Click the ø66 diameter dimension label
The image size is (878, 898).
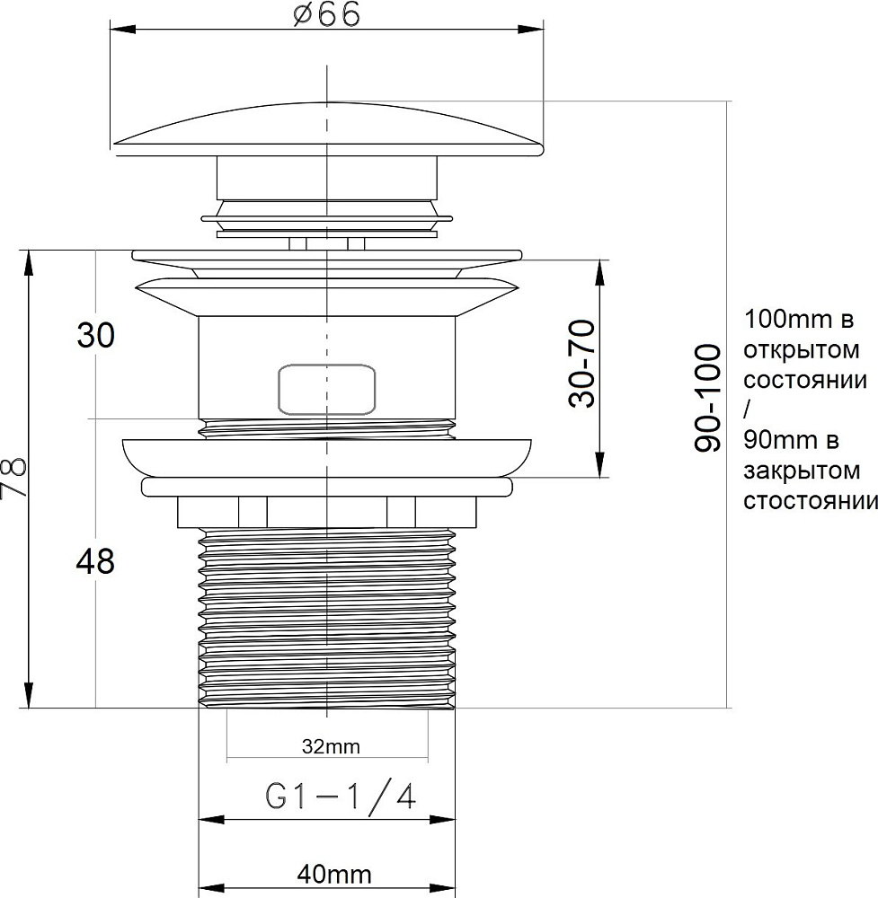pos(327,14)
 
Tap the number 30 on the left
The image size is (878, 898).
pos(96,335)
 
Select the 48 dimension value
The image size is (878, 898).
pos(95,561)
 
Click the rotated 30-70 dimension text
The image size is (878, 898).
pos(581,364)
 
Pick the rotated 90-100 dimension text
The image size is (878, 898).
pos(707,398)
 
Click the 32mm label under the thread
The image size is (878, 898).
pos(331,747)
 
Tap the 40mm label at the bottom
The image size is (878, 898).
pos(334,875)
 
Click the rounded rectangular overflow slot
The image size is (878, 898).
pos(327,389)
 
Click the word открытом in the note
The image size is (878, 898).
pos(802,349)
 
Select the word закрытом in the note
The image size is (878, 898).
pos(802,471)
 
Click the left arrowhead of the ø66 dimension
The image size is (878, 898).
pos(122,30)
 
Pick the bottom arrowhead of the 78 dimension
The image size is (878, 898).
pos(28,695)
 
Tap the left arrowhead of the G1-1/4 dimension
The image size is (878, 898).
pos(211,820)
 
